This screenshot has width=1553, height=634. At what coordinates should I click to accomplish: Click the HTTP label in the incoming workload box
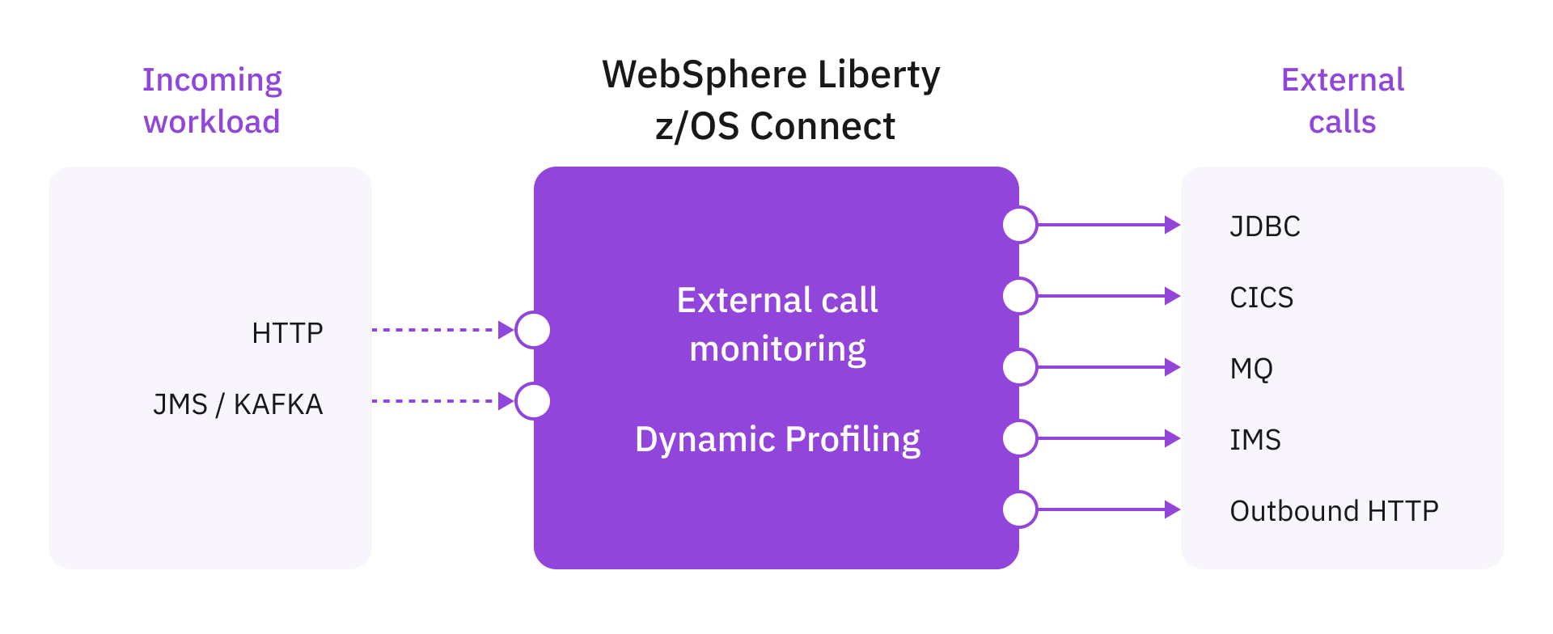[x=287, y=332]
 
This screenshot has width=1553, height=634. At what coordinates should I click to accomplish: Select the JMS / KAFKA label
[x=238, y=404]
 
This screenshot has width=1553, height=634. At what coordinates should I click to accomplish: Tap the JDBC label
[x=1265, y=226]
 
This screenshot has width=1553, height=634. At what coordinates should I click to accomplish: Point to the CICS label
[x=1261, y=298]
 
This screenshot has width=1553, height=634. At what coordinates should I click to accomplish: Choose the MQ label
[x=1251, y=369]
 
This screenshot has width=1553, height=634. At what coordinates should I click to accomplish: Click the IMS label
[x=1255, y=440]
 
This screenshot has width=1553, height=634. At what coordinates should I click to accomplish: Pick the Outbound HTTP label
[x=1334, y=511]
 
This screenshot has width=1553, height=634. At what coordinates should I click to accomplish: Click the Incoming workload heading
[x=212, y=100]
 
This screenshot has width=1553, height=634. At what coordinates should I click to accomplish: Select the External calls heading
[x=1343, y=100]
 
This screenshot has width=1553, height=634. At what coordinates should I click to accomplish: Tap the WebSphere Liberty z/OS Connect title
[x=772, y=100]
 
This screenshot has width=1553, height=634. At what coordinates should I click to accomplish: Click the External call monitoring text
[x=777, y=324]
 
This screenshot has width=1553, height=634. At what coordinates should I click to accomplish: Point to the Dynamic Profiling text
[x=777, y=440]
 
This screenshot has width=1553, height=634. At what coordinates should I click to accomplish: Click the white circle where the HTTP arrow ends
[x=533, y=330]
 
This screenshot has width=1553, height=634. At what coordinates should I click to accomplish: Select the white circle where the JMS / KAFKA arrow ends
[x=533, y=401]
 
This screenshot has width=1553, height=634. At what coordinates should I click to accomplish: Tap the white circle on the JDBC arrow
[x=1020, y=225]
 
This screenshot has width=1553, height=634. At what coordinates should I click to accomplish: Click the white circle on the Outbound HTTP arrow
[x=1020, y=509]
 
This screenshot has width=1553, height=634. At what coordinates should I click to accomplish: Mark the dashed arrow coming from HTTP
[x=441, y=330]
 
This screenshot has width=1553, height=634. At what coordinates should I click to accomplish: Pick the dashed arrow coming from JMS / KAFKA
[x=441, y=401]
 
